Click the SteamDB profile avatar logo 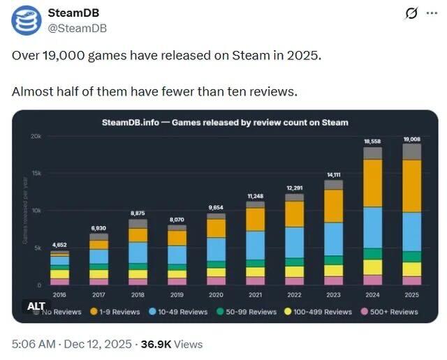tap(25, 21)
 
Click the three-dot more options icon tap(433, 14)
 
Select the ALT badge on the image tap(36, 306)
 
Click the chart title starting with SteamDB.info tap(224, 122)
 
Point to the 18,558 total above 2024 tap(373, 142)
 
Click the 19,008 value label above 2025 tap(412, 140)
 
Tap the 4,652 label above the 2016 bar tap(59, 245)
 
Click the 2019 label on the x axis tap(177, 295)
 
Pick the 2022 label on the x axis tap(294, 295)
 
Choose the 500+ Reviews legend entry tap(390, 311)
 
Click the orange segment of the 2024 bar tap(373, 183)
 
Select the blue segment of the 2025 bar tap(412, 231)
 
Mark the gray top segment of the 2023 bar tap(334, 185)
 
